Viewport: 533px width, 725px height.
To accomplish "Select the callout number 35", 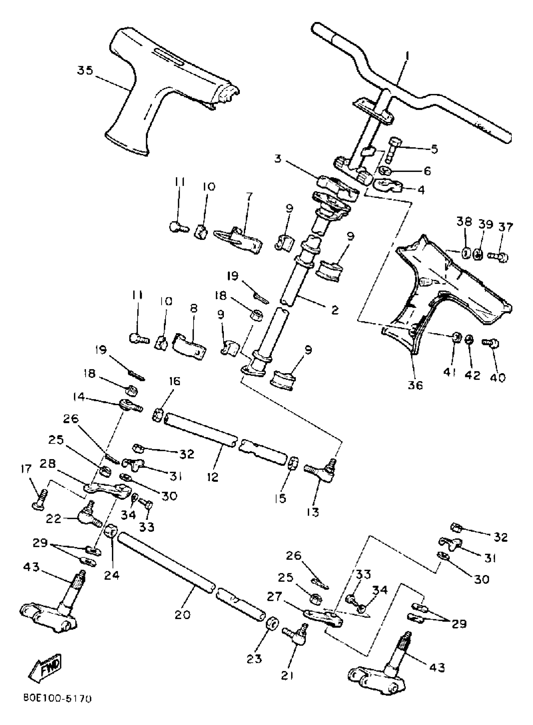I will tap(85, 70).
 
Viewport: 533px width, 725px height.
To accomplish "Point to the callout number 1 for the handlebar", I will tap(407, 56).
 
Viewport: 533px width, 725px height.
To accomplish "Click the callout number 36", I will tap(415, 385).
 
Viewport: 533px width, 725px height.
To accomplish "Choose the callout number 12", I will tap(213, 477).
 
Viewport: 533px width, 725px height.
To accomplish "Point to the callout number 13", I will tap(313, 512).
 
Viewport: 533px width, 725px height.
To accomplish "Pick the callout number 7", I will tap(249, 196).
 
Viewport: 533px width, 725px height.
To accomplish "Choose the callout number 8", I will tap(193, 309).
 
